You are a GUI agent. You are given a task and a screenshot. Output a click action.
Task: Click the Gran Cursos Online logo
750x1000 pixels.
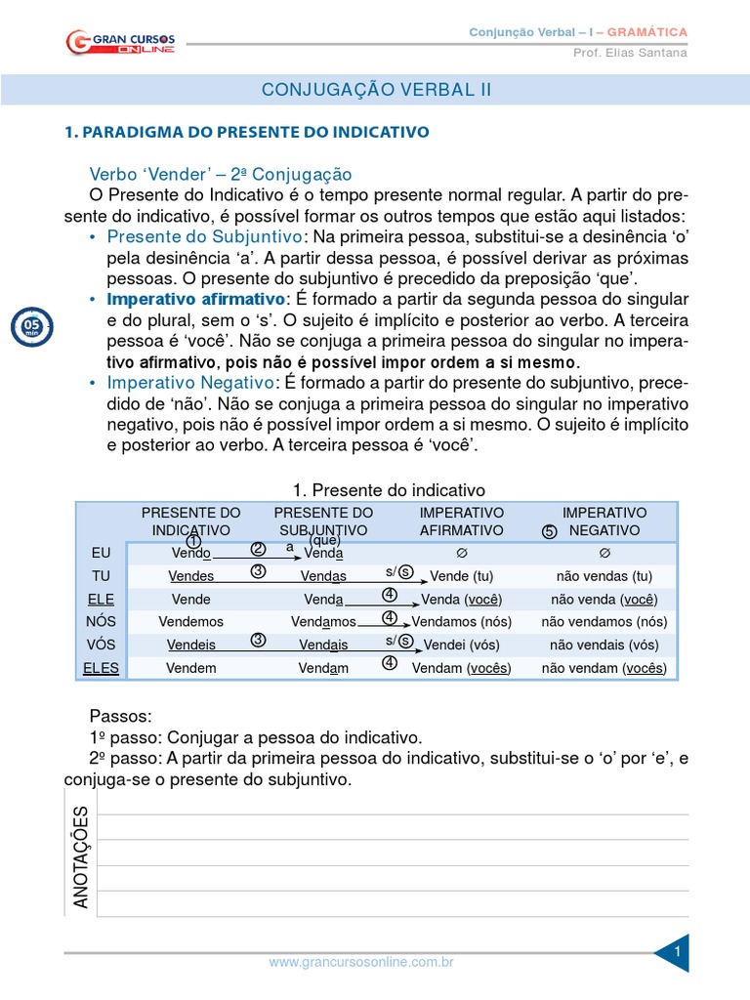point(122,42)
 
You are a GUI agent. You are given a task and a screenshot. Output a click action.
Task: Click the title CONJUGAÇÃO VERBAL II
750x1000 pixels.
point(376,90)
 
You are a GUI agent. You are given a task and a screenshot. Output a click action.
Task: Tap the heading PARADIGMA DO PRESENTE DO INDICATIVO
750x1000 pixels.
point(246,131)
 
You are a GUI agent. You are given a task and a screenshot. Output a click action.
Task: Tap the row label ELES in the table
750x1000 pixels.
point(102,668)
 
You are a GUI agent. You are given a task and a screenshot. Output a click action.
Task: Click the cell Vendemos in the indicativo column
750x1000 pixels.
point(190,621)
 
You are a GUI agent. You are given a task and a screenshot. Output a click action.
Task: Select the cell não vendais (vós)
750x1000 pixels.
point(604,645)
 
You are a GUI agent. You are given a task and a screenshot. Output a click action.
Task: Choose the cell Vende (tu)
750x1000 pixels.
point(461,576)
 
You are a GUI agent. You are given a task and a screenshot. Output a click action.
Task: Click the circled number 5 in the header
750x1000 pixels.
point(549,531)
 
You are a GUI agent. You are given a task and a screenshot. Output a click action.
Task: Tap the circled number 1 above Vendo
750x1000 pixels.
point(193,541)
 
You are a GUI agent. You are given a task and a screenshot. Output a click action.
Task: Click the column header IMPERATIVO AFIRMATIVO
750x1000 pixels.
point(461,521)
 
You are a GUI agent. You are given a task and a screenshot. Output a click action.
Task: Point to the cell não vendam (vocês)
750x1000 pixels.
point(604,668)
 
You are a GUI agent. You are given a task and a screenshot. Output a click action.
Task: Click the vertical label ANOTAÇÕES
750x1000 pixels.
point(80,857)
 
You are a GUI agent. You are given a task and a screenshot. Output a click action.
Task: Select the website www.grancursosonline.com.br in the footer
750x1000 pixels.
point(360,962)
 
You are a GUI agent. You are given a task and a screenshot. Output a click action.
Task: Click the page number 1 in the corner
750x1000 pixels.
point(677,949)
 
